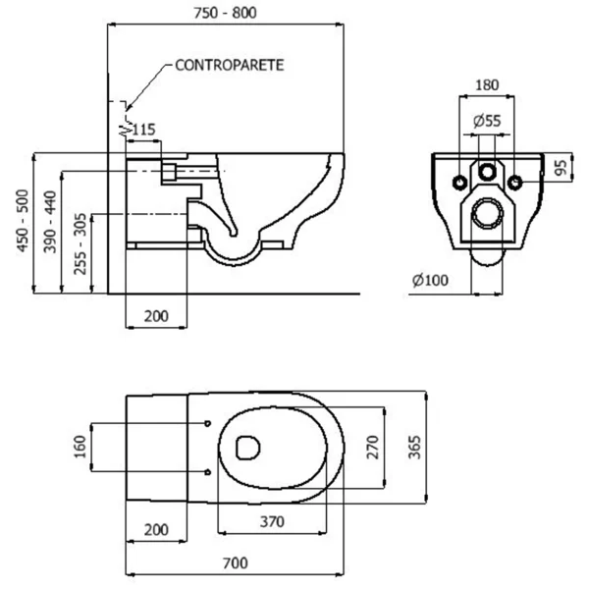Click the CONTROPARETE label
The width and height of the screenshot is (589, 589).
pyautogui.click(x=230, y=66)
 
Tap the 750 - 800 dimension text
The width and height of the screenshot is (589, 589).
pyautogui.click(x=225, y=13)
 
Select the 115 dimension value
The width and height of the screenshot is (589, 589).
pyautogui.click(x=143, y=130)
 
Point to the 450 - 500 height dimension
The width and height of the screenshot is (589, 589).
pyautogui.click(x=23, y=221)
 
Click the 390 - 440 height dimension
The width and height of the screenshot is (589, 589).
pyautogui.click(x=50, y=222)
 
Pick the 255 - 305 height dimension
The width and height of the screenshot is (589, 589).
pyautogui.click(x=80, y=243)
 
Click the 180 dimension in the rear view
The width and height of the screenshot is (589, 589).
pyautogui.click(x=487, y=85)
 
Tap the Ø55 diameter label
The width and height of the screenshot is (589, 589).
pyautogui.click(x=487, y=121)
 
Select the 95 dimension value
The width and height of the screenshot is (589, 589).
pyautogui.click(x=561, y=168)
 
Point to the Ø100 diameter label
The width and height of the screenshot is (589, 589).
pyautogui.click(x=431, y=280)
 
